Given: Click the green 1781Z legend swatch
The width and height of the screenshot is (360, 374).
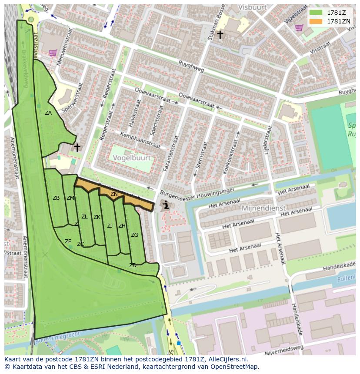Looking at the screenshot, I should [316, 12].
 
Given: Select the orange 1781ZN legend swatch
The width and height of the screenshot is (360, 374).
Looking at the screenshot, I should [316, 21].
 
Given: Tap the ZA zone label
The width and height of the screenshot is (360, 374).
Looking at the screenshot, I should [48, 113].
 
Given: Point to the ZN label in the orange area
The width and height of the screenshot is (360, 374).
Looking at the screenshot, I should [114, 194].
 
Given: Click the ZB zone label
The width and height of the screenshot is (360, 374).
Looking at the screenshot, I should [56, 198].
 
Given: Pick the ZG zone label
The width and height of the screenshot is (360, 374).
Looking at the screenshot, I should [134, 235].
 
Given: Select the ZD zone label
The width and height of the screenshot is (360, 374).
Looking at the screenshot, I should [133, 265].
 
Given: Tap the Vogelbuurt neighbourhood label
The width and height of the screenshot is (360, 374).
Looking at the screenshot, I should [132, 159].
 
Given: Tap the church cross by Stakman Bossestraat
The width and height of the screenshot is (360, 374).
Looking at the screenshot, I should [220, 34].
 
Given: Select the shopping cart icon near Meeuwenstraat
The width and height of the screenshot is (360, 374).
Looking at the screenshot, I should [53, 53].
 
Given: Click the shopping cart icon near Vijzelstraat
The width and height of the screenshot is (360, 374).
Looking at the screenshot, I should [299, 28].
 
